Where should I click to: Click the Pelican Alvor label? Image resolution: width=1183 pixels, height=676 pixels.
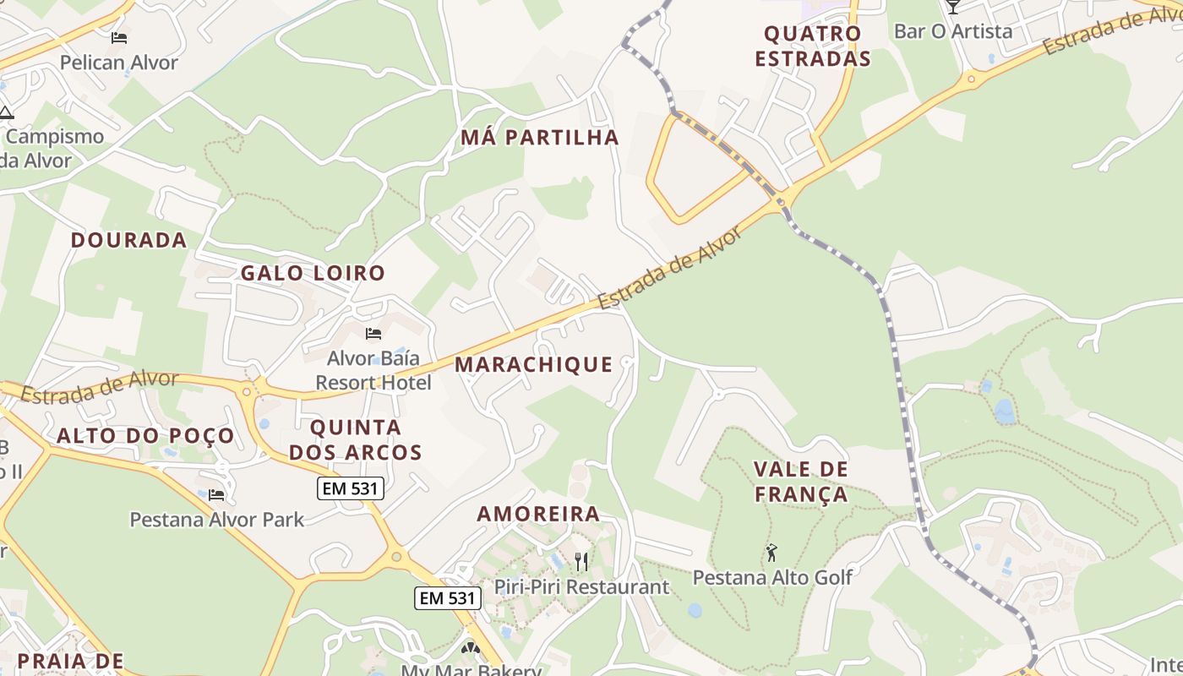tap(119, 63)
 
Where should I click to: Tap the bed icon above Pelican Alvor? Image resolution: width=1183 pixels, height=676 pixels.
tap(119, 38)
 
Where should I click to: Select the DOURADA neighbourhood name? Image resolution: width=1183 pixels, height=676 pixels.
tap(128, 240)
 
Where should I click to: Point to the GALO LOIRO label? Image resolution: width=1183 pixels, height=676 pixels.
tap(313, 273)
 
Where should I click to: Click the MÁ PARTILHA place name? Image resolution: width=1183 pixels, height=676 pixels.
tap(540, 137)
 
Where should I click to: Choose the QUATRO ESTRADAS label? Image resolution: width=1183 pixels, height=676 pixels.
tap(812, 46)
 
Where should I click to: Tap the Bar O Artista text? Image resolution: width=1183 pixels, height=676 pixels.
tap(952, 31)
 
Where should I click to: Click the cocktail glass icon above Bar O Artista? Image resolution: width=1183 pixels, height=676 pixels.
tap(953, 7)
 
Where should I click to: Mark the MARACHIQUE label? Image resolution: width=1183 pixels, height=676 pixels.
tap(534, 364)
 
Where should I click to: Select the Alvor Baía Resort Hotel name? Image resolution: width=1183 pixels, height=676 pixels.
tap(373, 370)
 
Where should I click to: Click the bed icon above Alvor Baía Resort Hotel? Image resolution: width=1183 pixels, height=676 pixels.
tap(373, 334)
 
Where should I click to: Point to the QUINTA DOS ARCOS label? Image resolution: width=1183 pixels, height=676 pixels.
tap(355, 439)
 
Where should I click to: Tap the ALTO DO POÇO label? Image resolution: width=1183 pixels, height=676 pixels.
tap(145, 436)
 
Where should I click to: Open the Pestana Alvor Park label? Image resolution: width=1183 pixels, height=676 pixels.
tap(216, 519)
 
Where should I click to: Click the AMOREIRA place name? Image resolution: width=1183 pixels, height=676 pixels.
tap(538, 514)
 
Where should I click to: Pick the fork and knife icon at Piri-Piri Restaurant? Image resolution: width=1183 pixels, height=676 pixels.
tap(581, 561)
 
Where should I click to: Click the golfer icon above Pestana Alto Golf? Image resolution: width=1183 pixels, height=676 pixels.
tap(771, 553)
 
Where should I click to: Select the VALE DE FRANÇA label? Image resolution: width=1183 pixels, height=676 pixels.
tap(801, 482)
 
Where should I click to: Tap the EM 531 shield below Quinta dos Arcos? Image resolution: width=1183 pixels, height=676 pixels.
tap(351, 488)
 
